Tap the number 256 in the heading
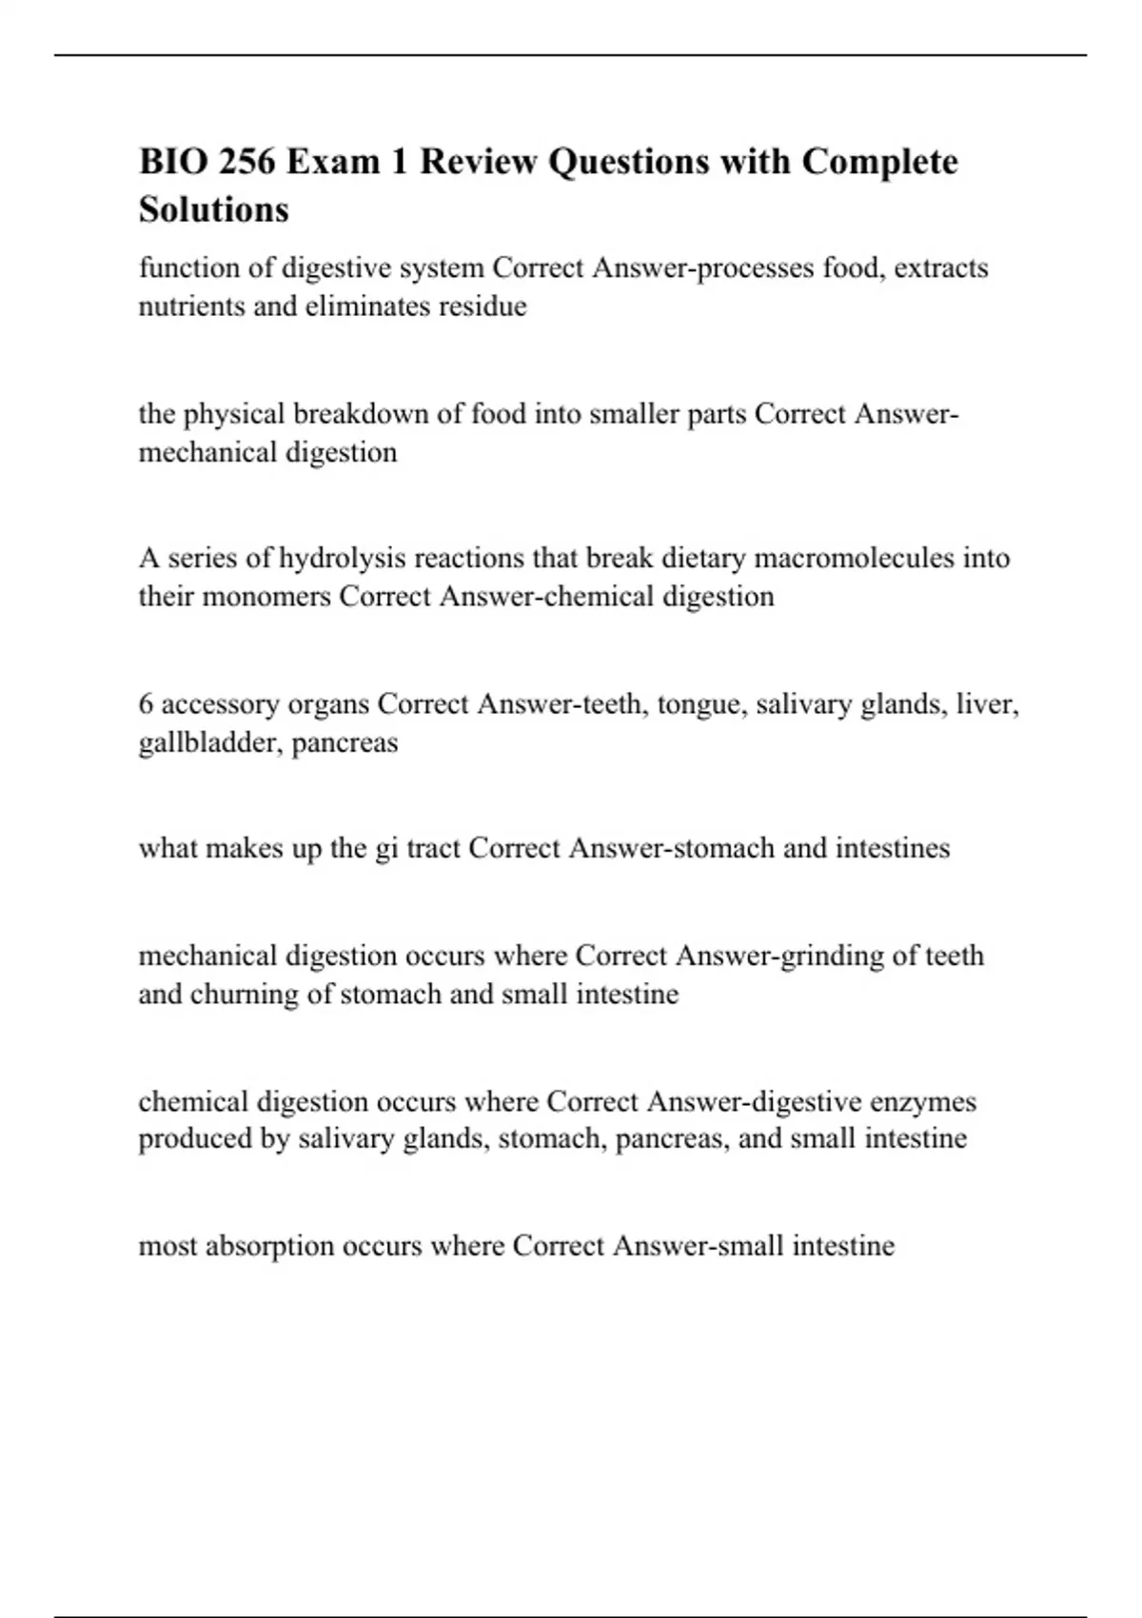(246, 162)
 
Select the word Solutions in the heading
(213, 209)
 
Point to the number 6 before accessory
(146, 704)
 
